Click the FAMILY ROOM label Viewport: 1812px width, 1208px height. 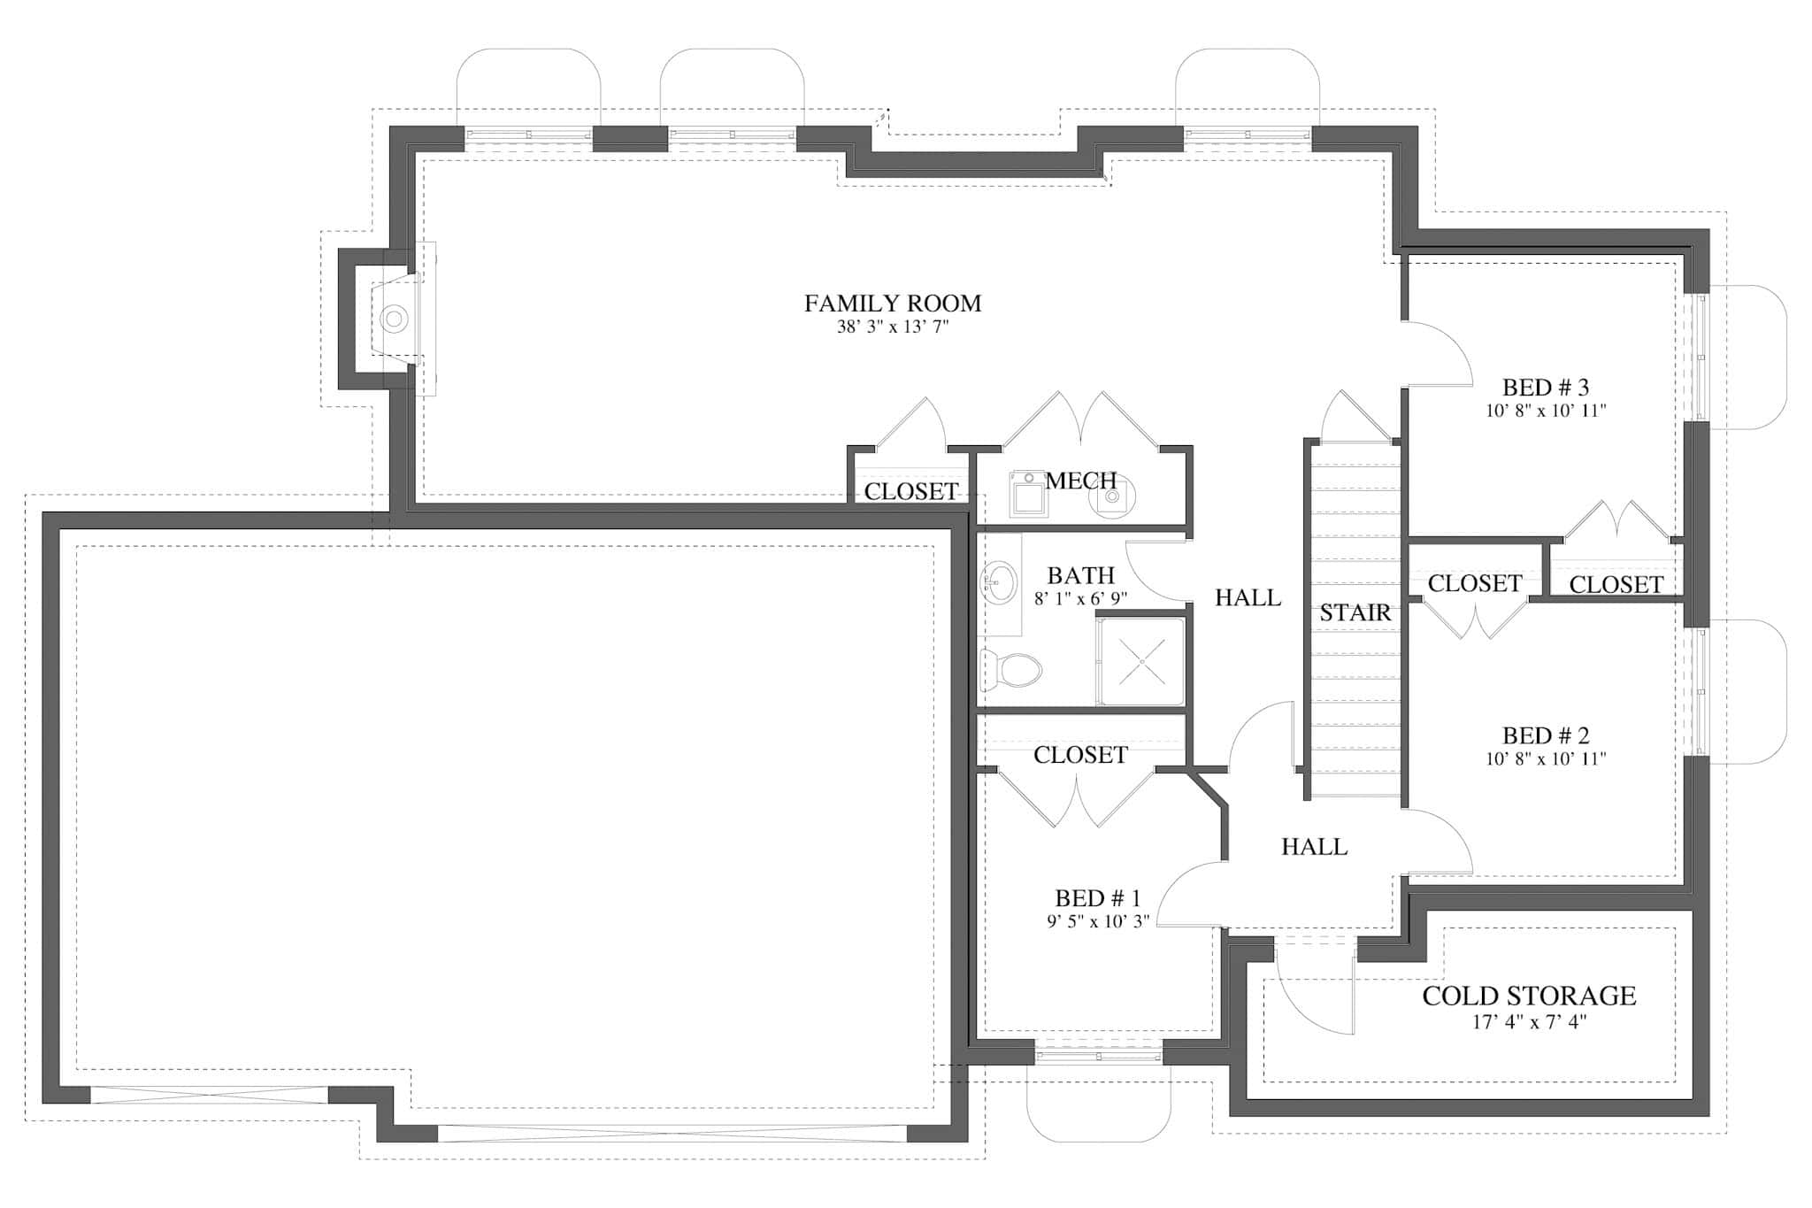click(892, 304)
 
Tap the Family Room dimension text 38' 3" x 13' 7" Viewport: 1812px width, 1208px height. click(892, 327)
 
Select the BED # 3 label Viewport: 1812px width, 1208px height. click(1545, 388)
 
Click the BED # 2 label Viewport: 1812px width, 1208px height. click(1545, 735)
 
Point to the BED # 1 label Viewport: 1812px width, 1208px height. click(1097, 898)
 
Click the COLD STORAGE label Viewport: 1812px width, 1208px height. click(1528, 996)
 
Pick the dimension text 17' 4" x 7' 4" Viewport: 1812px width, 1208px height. click(1528, 1023)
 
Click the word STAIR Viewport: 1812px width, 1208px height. click(1355, 612)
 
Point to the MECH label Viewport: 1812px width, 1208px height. click(1080, 481)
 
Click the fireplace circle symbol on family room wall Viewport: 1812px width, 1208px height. click(394, 318)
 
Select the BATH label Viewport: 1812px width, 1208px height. click(1080, 576)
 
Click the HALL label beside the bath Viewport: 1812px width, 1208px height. click(1248, 598)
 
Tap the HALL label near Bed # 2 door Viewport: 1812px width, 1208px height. click(1314, 847)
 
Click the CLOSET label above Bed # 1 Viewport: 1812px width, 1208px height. click(1080, 755)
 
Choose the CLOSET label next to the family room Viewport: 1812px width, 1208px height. click(910, 491)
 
